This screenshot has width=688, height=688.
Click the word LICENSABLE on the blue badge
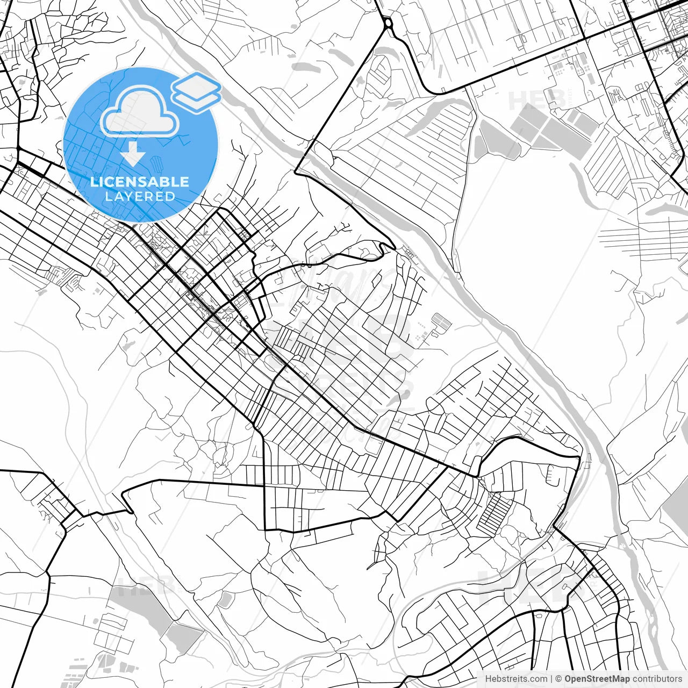click(140, 182)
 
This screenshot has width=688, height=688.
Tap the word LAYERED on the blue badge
click(140, 196)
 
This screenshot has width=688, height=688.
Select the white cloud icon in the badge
click(140, 110)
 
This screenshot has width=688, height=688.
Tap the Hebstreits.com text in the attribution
click(516, 679)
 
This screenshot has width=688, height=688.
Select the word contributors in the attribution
click(657, 679)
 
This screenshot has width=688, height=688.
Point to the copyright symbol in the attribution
click(558, 679)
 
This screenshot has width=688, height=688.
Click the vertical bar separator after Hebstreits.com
click(551, 679)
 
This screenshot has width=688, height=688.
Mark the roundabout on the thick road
click(388, 23)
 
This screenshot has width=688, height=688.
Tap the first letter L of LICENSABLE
click(93, 182)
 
